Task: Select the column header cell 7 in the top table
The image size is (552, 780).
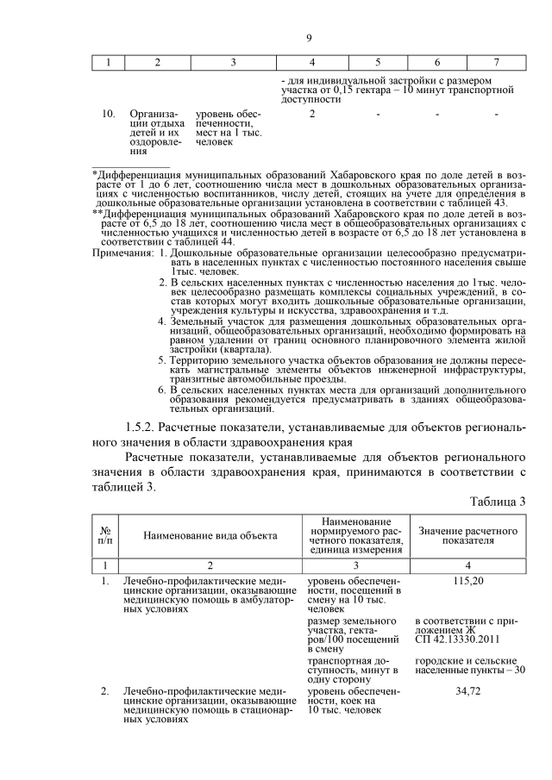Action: (x=495, y=62)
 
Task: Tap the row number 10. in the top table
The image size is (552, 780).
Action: (x=110, y=114)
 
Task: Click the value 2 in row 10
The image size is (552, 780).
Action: (x=311, y=114)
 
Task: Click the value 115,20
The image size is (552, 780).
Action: (x=467, y=581)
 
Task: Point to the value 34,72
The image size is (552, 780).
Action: (x=467, y=692)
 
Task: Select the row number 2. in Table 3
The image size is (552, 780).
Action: (x=104, y=692)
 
